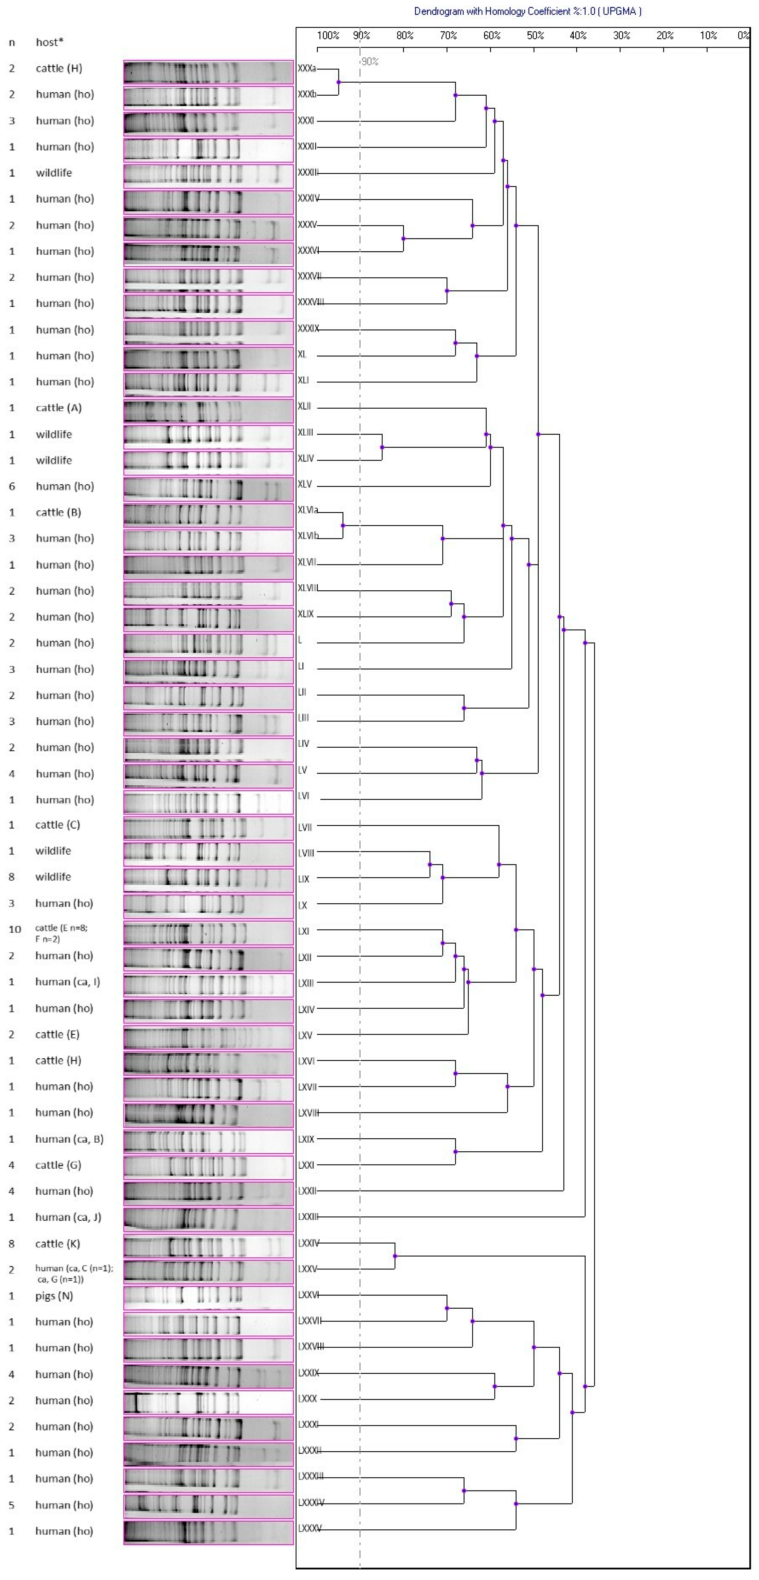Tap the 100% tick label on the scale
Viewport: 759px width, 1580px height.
[x=328, y=35]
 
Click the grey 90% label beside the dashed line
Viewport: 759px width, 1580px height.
[x=370, y=61]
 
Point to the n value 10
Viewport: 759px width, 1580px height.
[x=15, y=929]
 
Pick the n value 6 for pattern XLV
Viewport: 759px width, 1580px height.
[x=12, y=487]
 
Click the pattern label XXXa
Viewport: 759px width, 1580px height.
[x=307, y=69]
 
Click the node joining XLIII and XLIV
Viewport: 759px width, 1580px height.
[x=382, y=447]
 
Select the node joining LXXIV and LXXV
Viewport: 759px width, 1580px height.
[x=395, y=1256]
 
